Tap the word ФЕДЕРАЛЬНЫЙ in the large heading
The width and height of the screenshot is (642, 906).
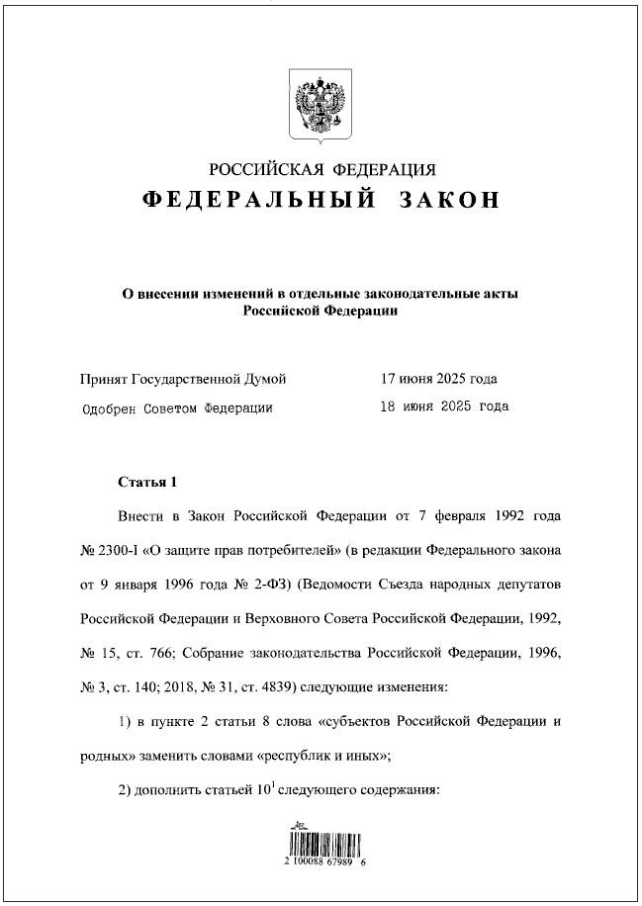[x=259, y=200]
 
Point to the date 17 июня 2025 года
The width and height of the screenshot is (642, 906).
[x=438, y=379]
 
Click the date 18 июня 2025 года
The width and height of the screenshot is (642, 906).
[x=444, y=407]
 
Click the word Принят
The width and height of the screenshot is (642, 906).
[x=102, y=379]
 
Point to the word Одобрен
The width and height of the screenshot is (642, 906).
[x=108, y=407]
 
